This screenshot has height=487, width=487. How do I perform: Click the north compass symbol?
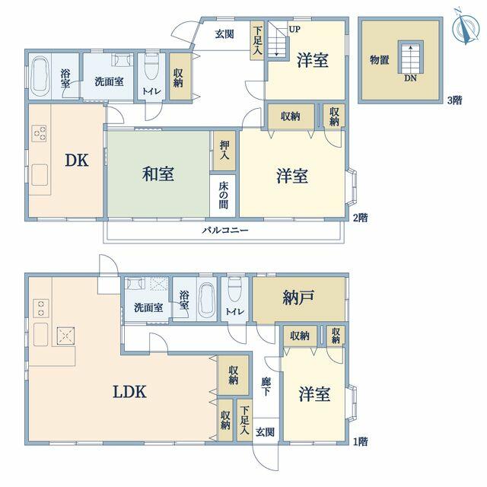coord(466,27)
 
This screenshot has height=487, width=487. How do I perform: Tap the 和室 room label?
coord(158,173)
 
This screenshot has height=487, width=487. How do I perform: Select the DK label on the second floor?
coord(77,161)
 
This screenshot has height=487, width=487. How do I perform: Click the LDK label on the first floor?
coord(129,392)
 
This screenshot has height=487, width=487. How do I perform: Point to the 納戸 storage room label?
coord(298,298)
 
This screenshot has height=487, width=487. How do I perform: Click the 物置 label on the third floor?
coord(379,59)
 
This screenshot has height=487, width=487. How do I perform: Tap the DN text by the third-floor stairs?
coord(410,78)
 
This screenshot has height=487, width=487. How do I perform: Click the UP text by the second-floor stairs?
coord(294,30)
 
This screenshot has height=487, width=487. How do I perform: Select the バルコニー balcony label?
coord(225,230)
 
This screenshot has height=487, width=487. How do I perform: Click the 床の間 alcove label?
coord(224,195)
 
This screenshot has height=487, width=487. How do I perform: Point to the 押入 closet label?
coord(224,150)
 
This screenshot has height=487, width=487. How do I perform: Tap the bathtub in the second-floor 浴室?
coord(40,76)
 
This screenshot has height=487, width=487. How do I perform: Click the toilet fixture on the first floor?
coord(234,289)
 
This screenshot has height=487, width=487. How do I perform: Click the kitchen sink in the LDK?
coord(40,334)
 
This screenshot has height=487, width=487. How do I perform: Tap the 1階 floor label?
coord(361,441)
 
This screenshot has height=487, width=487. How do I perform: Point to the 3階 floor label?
coord(454,100)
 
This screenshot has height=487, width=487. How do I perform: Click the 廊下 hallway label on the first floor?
coord(266,387)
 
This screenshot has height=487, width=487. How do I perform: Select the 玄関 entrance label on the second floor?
coord(224,34)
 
